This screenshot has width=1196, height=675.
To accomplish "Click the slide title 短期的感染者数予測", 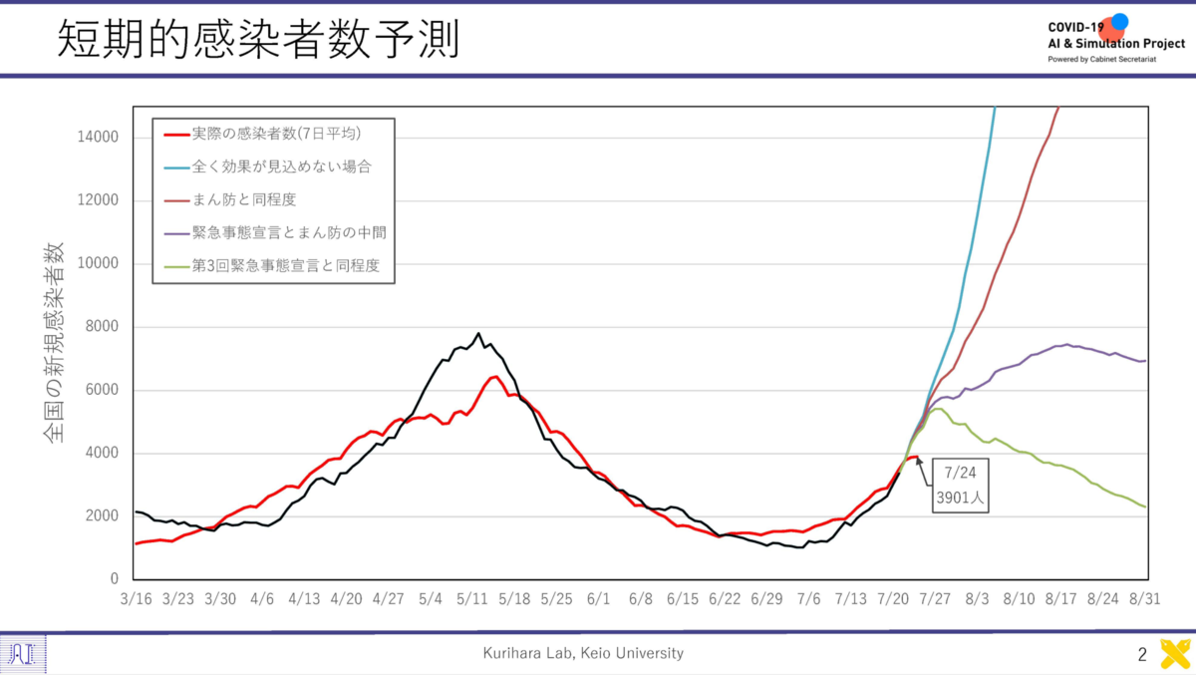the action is [x=258, y=39].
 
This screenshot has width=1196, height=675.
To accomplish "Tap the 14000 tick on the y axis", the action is [x=98, y=138].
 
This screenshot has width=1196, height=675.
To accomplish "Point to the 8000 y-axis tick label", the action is [x=102, y=326].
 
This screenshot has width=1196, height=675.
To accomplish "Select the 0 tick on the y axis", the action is [x=115, y=578].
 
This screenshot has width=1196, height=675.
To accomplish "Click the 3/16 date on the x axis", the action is [x=136, y=599].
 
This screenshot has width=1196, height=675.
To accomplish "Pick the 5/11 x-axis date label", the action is [x=472, y=599].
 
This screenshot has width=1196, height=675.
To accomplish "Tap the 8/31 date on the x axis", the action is [x=1145, y=599].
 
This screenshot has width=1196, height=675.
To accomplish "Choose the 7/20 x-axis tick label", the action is [x=893, y=599].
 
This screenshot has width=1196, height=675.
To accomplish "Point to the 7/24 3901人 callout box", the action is [x=960, y=486].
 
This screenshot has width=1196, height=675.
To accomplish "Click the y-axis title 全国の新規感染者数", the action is [x=54, y=342].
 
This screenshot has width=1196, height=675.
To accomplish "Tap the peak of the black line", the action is [x=478, y=333].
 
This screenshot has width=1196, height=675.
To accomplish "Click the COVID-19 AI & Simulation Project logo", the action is [x=1116, y=39].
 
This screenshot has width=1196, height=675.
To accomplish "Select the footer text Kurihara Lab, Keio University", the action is [x=583, y=653].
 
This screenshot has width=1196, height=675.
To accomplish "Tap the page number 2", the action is [x=1142, y=655].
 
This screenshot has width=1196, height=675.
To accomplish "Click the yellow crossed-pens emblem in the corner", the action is [x=1175, y=654].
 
